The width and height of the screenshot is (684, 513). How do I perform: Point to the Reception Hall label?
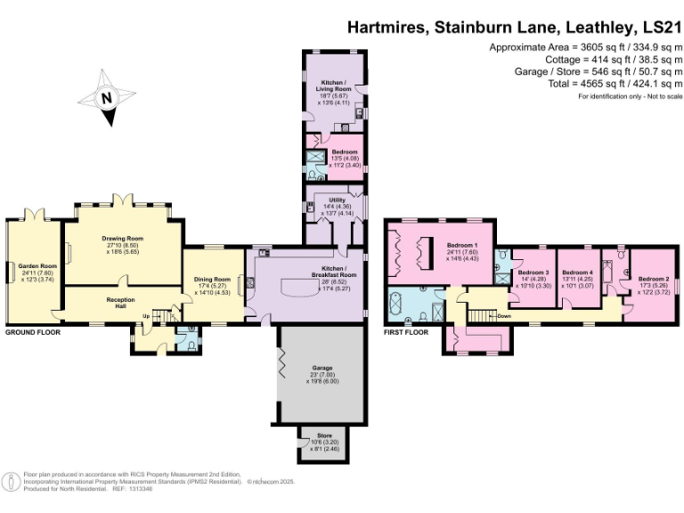tap(120, 302)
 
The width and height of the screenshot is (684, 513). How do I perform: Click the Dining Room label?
tap(212, 279)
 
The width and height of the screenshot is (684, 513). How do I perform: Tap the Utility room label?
tap(336, 201)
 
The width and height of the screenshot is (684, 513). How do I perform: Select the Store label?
tap(322, 436)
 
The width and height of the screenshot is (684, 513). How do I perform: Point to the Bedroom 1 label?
tap(462, 245)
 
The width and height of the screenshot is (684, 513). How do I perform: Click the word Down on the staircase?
tap(505, 316)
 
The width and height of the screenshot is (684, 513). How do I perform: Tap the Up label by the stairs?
tap(146, 315)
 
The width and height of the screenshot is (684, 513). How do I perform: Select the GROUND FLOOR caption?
tap(32, 332)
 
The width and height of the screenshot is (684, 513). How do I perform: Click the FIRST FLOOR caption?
tap(406, 332)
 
